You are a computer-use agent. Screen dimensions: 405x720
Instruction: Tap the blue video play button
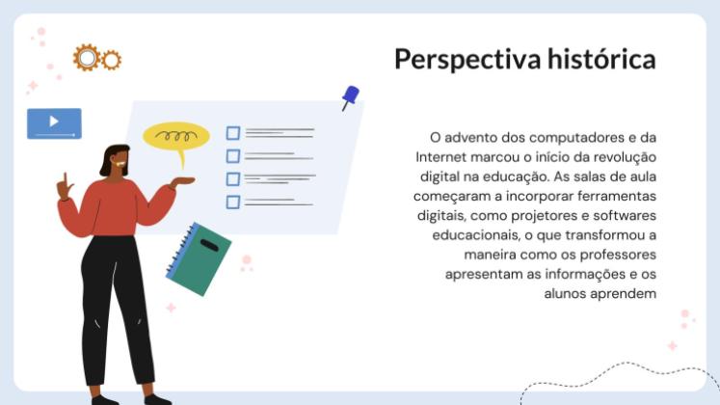coord(54,122)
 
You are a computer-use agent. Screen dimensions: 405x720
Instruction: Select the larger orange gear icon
coord(87,58)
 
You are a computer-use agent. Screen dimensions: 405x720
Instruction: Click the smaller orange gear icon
coord(112,60)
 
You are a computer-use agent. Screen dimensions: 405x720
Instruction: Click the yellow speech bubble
coord(175,136)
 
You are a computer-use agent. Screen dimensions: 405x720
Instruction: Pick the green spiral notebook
coord(200,257)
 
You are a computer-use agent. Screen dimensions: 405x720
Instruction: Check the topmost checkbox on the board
coord(232,133)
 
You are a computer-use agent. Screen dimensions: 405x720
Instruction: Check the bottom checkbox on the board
coord(232,202)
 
